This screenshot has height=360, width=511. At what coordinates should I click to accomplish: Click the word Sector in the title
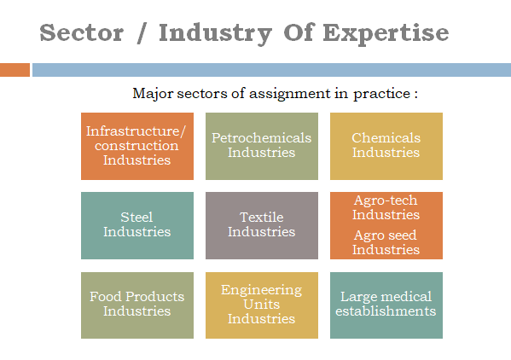pyautogui.click(x=82, y=32)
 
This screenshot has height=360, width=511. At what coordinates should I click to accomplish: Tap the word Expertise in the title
pyautogui.click(x=386, y=34)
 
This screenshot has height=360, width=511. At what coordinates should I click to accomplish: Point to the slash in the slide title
pyautogui.click(x=142, y=33)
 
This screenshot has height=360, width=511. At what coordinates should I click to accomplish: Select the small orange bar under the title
pyautogui.click(x=15, y=70)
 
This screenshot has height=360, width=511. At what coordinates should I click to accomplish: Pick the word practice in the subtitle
pyautogui.click(x=381, y=94)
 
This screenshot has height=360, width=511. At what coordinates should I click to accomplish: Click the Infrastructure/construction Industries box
pyautogui.click(x=137, y=146)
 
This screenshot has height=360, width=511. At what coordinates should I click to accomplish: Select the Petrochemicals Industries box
pyautogui.click(x=262, y=146)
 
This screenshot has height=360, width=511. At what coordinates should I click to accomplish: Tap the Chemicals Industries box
pyautogui.click(x=386, y=146)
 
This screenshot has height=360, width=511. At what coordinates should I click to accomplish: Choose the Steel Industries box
pyautogui.click(x=137, y=225)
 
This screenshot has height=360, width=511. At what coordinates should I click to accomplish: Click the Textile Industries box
pyautogui.click(x=262, y=225)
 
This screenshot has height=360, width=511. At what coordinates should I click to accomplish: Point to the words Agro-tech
pyautogui.click(x=386, y=200)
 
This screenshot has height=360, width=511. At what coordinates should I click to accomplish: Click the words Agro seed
pyautogui.click(x=386, y=235)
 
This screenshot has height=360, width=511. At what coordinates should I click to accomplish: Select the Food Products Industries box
pyautogui.click(x=137, y=305)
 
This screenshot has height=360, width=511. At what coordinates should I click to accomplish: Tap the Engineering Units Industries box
pyautogui.click(x=262, y=305)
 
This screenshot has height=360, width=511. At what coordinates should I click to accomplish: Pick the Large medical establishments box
pyautogui.click(x=386, y=305)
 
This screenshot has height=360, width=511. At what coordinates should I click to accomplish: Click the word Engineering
pyautogui.click(x=261, y=290)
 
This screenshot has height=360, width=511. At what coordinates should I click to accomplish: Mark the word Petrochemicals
pyautogui.click(x=261, y=138)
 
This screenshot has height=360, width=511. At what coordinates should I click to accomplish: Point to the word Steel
pyautogui.click(x=136, y=218)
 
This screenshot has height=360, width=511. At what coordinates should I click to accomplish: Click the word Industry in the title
pyautogui.click(x=215, y=34)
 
